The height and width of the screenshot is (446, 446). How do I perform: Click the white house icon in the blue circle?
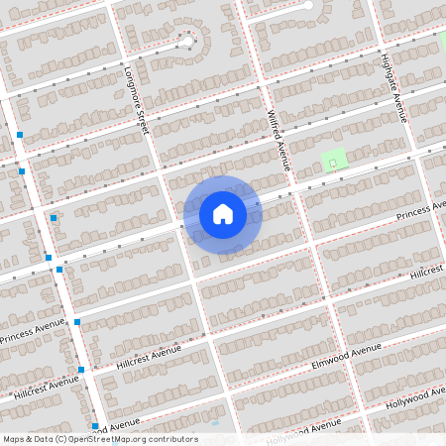tap(223, 213)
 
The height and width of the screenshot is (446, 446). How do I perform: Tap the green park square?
tap(335, 159)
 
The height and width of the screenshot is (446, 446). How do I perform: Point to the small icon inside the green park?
tap(333, 160)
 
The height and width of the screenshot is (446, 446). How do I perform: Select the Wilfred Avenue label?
tap(277, 139)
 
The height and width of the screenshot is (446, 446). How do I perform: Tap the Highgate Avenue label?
tap(394, 86)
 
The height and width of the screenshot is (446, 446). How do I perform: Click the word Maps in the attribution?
tap(14, 439)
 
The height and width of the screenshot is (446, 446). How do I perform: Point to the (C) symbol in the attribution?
tap(61, 439)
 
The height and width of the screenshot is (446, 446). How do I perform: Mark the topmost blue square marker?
tap(19, 134)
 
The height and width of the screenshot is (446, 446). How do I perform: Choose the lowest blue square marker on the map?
tap(94, 426)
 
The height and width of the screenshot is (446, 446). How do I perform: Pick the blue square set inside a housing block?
tap(54, 218)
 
